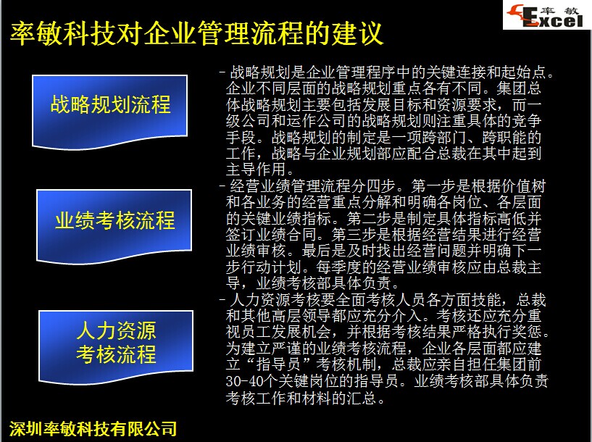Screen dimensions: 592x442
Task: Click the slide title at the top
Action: (x=196, y=33)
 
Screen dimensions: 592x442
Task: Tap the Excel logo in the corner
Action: (x=546, y=15)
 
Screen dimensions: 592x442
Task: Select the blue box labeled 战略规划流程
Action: (x=110, y=112)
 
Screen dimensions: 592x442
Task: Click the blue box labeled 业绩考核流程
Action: (x=114, y=227)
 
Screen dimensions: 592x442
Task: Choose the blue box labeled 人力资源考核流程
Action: (x=116, y=347)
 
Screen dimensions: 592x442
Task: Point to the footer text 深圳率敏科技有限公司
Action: (x=93, y=428)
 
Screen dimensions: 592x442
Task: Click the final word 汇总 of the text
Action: (x=362, y=398)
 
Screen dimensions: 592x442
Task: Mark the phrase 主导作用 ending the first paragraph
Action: (x=256, y=170)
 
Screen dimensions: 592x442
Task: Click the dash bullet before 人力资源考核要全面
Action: (x=222, y=300)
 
